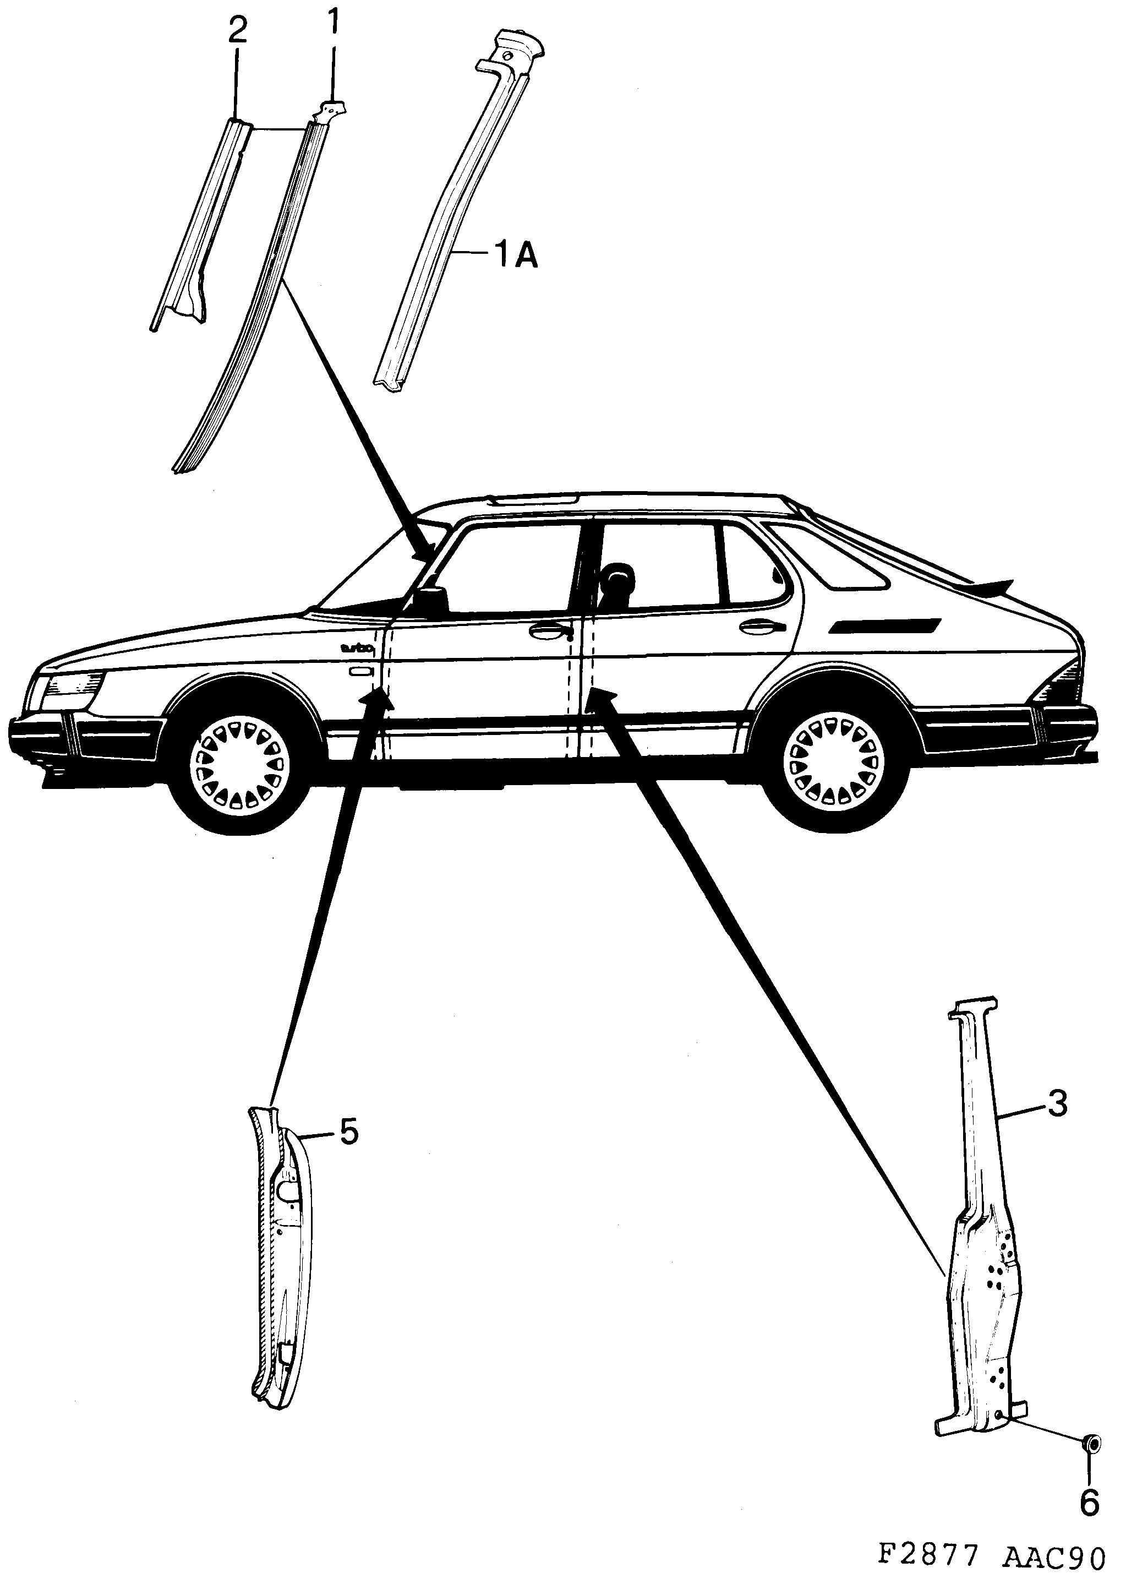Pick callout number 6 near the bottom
[x=1090, y=1501]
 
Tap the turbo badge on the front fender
[x=358, y=649]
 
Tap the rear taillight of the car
[x=1057, y=683]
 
